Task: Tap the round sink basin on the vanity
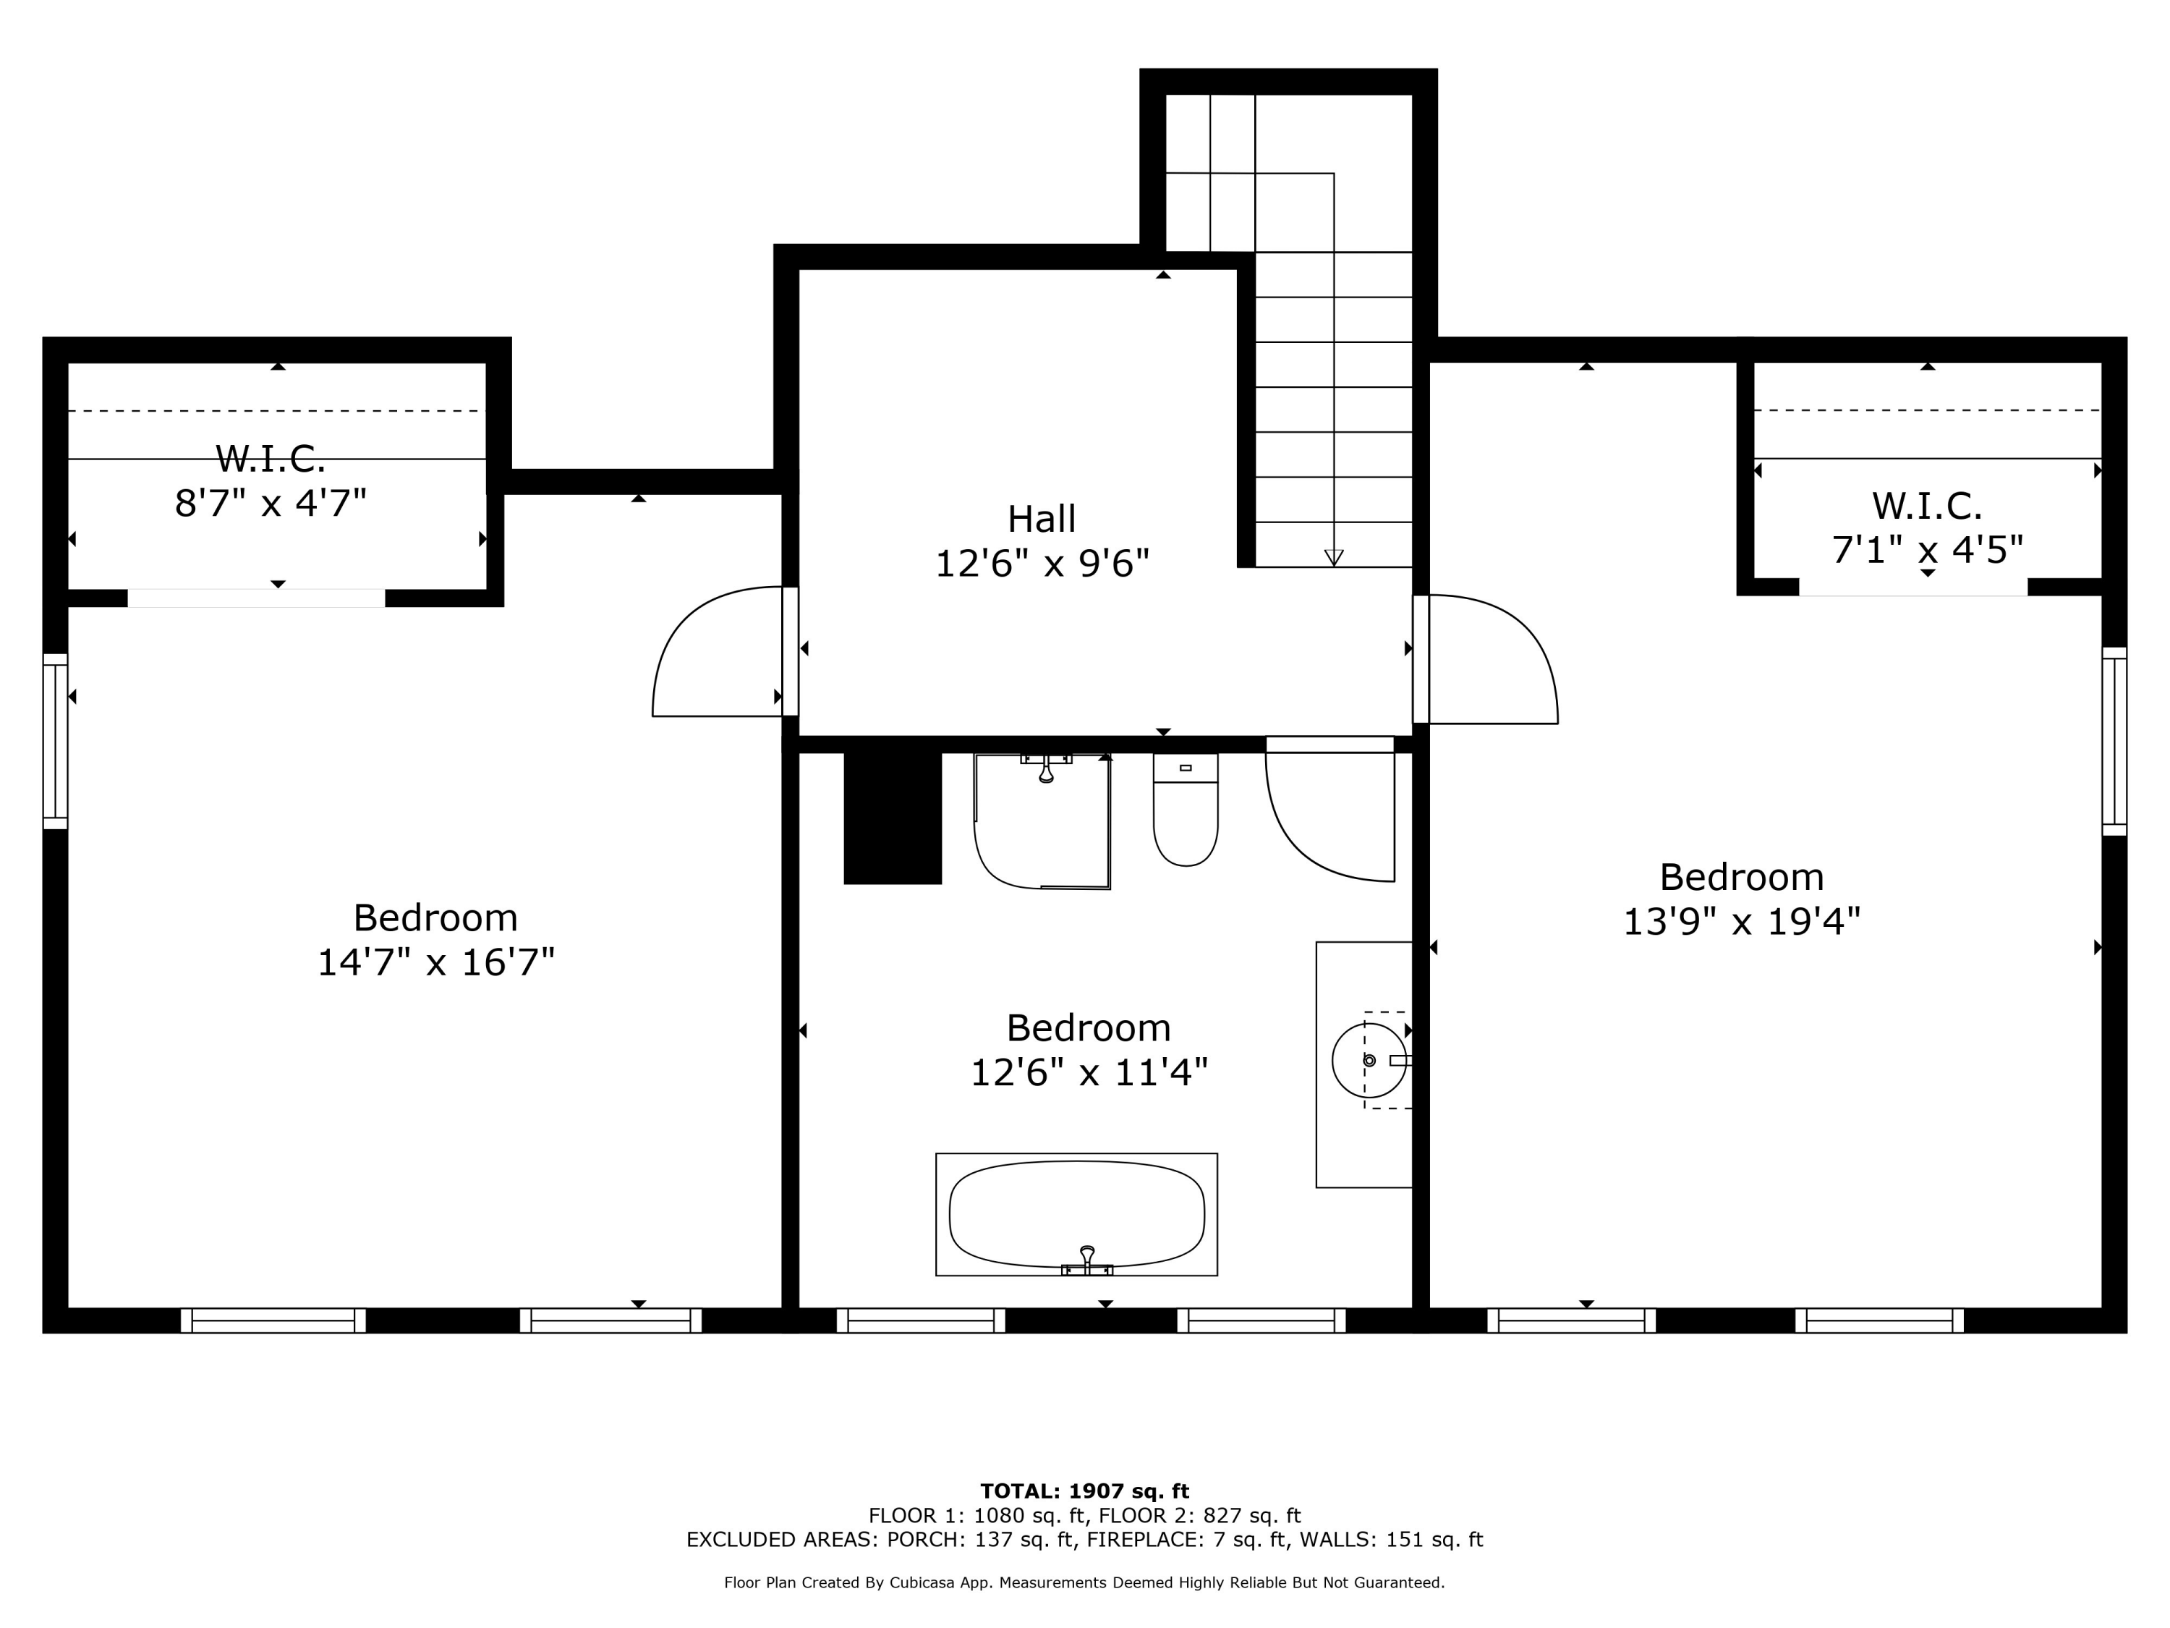point(1368,1060)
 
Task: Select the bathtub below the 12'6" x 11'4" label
point(1076,1214)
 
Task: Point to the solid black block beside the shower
point(892,818)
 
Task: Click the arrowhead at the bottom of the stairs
point(1333,557)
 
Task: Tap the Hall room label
point(1041,518)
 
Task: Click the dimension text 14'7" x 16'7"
point(435,962)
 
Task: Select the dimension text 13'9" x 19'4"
point(1741,920)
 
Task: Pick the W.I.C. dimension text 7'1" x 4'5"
point(1927,549)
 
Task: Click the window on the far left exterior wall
point(55,741)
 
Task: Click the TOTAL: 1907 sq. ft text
point(1084,1491)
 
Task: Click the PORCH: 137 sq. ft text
point(981,1540)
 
